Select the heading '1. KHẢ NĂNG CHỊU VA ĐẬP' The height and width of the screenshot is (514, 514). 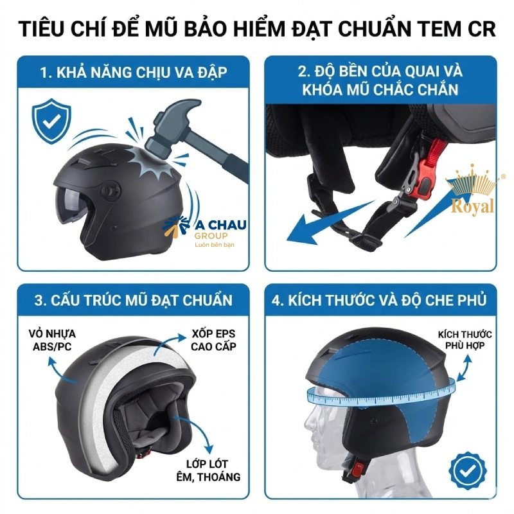133,72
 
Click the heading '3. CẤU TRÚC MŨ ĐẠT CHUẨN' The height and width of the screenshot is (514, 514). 133,300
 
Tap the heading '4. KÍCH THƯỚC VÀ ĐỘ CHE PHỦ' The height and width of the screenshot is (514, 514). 382,300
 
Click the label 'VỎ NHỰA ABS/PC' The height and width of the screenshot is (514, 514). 52,341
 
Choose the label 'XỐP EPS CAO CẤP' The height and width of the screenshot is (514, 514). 213,341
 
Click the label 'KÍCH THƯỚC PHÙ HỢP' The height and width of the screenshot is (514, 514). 465,340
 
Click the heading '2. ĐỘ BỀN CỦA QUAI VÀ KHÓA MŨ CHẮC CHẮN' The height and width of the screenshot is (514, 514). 380,80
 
